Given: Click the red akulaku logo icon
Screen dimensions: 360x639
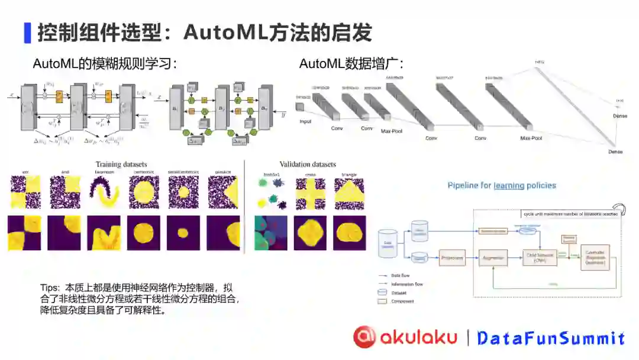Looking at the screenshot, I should (364, 337).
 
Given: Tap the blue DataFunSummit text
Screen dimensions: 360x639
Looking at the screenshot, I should (551, 338).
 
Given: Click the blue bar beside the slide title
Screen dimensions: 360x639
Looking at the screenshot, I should (27, 33).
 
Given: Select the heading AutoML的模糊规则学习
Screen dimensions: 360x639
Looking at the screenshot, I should (105, 63).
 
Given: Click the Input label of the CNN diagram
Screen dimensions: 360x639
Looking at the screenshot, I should (305, 121).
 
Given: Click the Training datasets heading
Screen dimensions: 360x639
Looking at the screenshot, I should (121, 164).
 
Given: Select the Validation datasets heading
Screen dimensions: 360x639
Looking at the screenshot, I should (308, 164).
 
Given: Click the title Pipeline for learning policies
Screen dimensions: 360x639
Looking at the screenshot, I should (502, 185).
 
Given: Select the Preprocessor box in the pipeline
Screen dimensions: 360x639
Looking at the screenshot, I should (452, 258).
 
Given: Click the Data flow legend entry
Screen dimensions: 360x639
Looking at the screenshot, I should (401, 275).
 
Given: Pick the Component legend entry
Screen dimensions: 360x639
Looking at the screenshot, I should (403, 301).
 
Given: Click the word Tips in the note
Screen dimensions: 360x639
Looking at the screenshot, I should (50, 288).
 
